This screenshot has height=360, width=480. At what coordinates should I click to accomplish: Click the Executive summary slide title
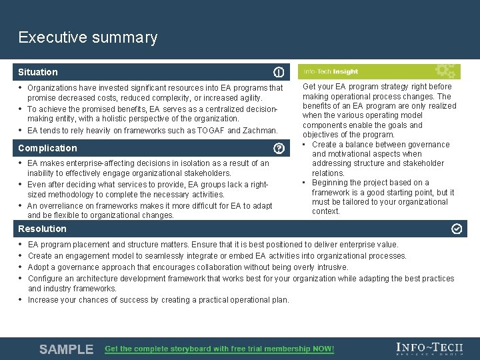(x=88, y=37)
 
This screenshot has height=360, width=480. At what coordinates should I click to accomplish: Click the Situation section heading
(x=38, y=72)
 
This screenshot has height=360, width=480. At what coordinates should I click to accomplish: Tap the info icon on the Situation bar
(x=279, y=72)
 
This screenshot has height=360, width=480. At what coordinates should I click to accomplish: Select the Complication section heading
(x=47, y=148)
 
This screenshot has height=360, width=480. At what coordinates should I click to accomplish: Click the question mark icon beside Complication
(x=279, y=148)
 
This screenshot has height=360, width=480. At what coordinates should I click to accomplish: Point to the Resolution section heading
(x=42, y=229)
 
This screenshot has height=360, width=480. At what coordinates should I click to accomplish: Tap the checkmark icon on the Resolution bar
(x=457, y=229)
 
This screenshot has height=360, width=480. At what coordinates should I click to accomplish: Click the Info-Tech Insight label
(x=331, y=72)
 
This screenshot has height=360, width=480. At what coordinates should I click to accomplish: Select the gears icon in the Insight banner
(x=445, y=71)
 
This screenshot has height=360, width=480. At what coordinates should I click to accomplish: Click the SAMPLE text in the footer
(x=66, y=349)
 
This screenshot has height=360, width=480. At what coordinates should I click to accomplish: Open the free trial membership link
(x=219, y=349)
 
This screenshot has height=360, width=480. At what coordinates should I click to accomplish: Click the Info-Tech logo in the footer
(x=429, y=348)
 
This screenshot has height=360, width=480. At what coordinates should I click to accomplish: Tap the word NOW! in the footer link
(x=322, y=349)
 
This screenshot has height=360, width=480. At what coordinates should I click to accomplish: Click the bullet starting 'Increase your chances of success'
(x=159, y=300)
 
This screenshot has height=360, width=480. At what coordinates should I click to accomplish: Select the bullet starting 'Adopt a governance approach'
(x=188, y=267)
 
